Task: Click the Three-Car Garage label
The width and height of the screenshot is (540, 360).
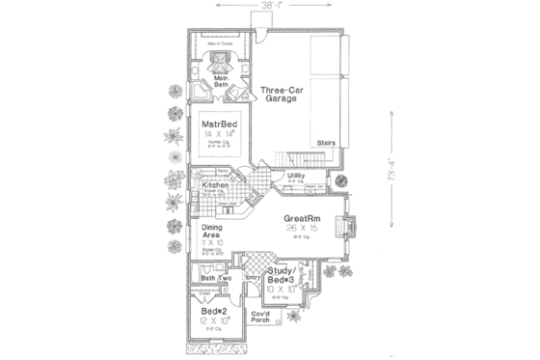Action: (x=282, y=95)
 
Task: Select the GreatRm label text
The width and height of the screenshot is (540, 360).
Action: (x=301, y=220)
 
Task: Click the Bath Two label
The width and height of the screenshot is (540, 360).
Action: (x=215, y=279)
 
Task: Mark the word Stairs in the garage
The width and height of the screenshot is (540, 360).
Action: (x=325, y=139)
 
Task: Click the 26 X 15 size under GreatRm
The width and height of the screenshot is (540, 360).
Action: (x=301, y=233)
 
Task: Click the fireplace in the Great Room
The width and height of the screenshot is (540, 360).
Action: (x=352, y=226)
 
